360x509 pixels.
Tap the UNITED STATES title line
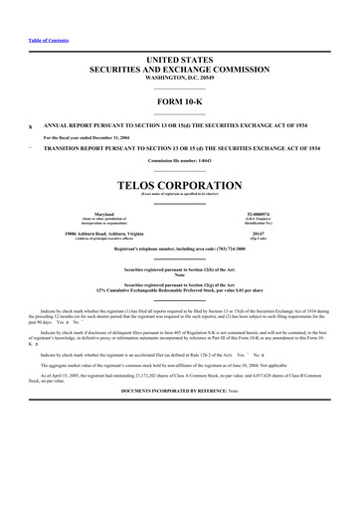click(x=180, y=62)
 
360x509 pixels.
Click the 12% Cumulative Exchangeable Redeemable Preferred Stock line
click(x=180, y=318)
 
